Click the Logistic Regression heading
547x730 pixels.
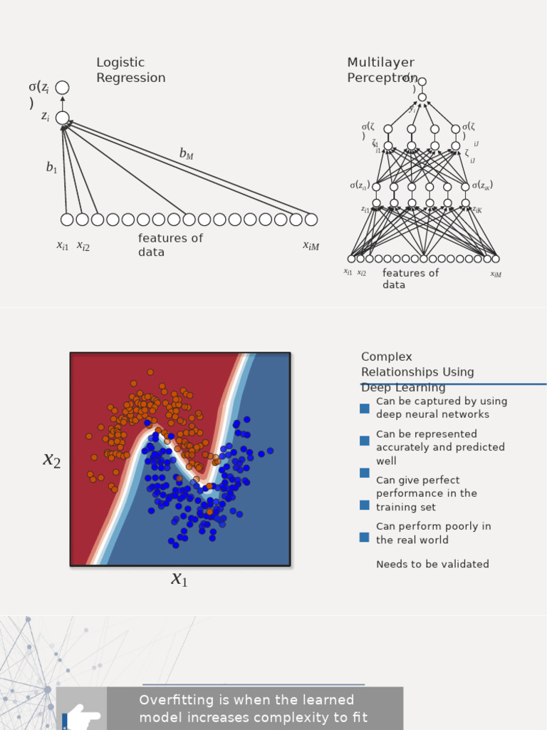click(130, 70)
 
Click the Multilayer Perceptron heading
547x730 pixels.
click(380, 70)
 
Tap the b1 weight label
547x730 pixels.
click(51, 168)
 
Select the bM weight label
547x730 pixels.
click(186, 153)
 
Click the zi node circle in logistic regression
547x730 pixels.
click(63, 118)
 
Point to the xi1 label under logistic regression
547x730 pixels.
click(63, 246)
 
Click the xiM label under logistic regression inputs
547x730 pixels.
click(311, 246)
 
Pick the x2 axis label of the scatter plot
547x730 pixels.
click(52, 460)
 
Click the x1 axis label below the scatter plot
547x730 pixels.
click(179, 579)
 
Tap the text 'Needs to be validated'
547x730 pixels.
click(432, 565)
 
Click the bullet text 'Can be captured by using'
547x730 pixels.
click(442, 401)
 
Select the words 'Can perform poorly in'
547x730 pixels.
click(433, 526)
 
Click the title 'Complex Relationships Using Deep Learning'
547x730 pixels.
click(417, 371)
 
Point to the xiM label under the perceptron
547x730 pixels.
click(496, 274)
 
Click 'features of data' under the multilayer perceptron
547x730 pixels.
click(410, 279)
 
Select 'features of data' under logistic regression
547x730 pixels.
click(170, 245)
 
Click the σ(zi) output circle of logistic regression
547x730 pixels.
click(63, 88)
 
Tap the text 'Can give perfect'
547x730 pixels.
click(417, 480)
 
